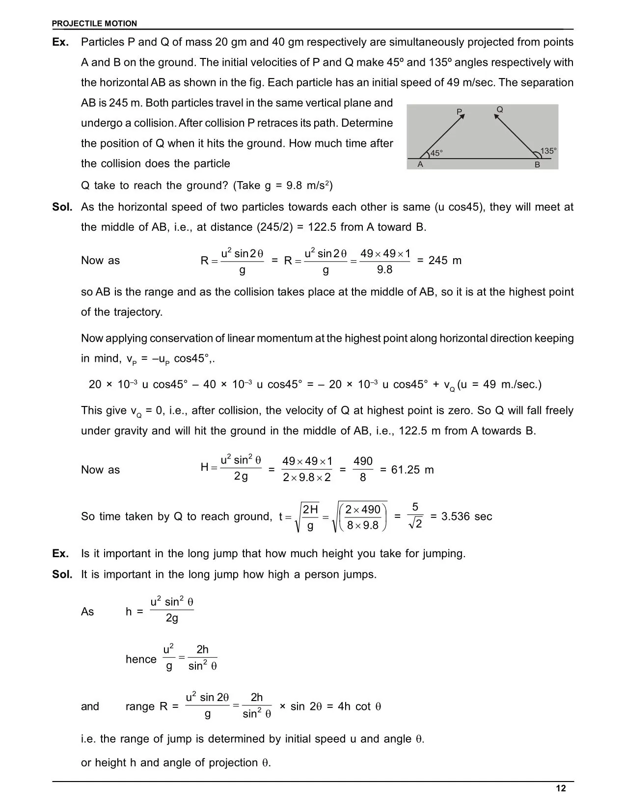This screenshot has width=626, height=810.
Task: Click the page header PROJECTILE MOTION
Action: tap(94, 24)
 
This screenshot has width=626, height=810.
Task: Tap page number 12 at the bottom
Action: tap(561, 788)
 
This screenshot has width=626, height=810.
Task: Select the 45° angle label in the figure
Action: tap(436, 153)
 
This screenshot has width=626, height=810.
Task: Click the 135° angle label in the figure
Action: tap(548, 151)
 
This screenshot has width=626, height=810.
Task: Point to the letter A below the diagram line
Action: tap(420, 164)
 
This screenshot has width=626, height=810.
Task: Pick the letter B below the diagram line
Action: tap(537, 165)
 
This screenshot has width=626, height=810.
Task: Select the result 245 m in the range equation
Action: tap(445, 261)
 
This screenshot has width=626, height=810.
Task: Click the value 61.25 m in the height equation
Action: tap(412, 470)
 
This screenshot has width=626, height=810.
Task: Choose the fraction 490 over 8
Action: tap(363, 469)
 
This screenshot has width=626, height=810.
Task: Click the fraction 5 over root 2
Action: tap(415, 516)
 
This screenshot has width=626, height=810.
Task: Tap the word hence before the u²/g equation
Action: tap(141, 659)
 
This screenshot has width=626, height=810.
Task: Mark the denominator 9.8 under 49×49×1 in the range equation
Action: tap(384, 270)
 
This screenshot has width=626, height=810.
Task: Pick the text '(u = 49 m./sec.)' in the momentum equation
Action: tap(499, 384)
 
